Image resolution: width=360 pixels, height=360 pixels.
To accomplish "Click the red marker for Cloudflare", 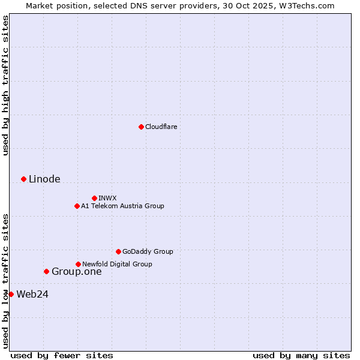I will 141,127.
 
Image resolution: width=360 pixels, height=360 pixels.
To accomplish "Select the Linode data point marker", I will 23,179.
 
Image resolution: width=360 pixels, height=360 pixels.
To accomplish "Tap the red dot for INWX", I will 94,198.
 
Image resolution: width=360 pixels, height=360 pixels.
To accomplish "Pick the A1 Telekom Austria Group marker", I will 77,206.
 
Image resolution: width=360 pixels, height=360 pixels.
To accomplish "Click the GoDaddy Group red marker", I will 118,251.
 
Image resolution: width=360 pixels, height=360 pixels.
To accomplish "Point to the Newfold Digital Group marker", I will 78,264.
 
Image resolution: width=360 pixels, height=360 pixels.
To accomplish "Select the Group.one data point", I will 46,271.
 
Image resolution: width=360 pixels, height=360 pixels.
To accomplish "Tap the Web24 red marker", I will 11,294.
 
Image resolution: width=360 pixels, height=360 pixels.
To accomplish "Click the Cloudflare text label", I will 161,127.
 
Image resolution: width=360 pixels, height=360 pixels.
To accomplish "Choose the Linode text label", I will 44,179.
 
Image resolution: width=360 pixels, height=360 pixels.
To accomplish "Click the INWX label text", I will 107,198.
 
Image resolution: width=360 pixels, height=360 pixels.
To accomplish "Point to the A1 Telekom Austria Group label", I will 122,206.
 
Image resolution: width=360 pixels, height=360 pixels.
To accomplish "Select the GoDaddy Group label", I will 148,251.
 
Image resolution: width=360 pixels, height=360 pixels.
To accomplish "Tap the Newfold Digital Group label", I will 117,264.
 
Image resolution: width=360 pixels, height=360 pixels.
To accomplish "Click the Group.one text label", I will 76,272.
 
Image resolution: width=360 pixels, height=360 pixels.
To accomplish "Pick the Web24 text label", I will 32,294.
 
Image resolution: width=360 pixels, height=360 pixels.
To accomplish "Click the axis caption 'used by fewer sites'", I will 62,355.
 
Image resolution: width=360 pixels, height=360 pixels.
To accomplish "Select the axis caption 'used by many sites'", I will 301,355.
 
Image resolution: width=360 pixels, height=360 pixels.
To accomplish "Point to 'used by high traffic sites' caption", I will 5,85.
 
